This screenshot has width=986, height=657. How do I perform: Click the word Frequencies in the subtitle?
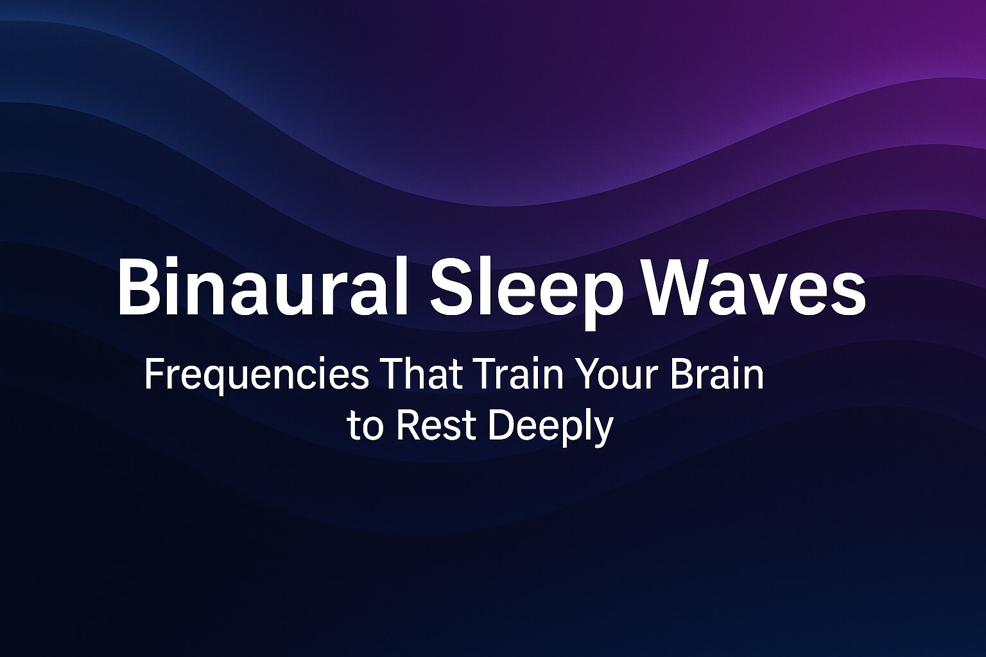pos(257,376)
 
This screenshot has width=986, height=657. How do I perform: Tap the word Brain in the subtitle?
pos(718,375)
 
